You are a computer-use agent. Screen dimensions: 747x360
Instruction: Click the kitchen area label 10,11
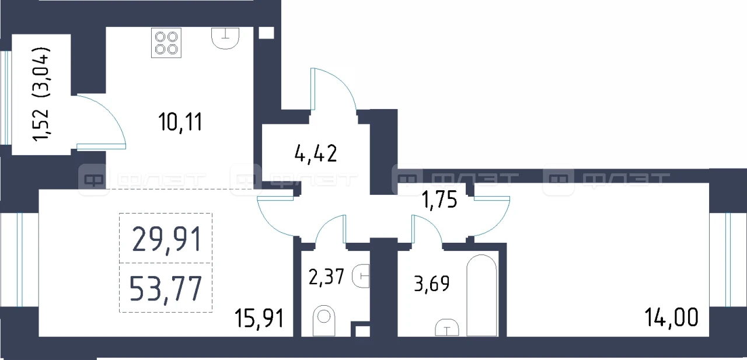coord(180,123)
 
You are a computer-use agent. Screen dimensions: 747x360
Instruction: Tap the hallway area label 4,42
coord(316,153)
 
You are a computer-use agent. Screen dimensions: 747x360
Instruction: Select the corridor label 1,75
coord(439,200)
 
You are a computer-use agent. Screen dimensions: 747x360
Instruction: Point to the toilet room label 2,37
coord(326,277)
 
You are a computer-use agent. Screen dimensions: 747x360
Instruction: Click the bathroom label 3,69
coord(431,284)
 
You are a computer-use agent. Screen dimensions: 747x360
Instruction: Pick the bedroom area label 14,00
coord(671,317)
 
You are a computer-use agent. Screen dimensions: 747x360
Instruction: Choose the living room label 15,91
coord(259,318)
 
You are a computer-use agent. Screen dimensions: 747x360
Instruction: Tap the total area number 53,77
coord(165,289)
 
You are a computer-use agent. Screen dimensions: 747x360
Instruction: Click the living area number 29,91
coord(167,239)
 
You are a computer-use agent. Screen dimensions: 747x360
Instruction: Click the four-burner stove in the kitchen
coord(166,43)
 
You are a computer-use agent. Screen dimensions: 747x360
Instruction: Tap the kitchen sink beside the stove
coord(225,39)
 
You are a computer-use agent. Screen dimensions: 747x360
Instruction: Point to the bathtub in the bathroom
coord(481,295)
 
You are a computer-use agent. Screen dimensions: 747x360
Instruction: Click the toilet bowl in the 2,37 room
coord(324,321)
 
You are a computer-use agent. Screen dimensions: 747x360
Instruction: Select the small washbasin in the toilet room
coord(361,276)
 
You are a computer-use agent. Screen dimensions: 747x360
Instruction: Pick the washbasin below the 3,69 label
coord(447,327)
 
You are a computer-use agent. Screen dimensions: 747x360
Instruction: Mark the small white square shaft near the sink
coord(266,33)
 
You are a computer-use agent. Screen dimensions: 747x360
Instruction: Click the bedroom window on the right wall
coord(728,259)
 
